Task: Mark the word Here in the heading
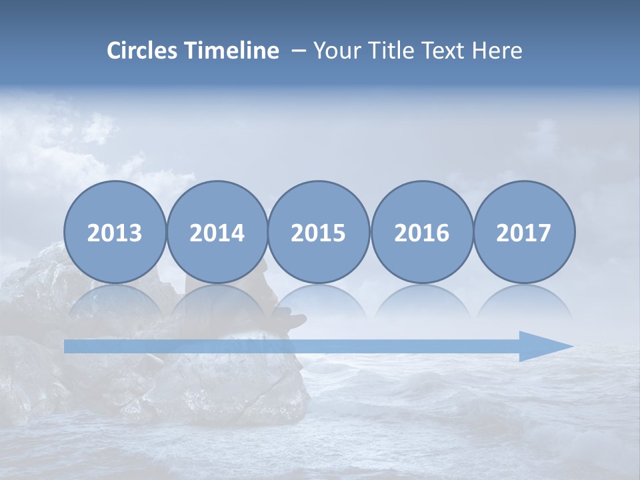(x=497, y=51)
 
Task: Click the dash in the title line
(x=299, y=51)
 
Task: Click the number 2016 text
(x=422, y=233)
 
